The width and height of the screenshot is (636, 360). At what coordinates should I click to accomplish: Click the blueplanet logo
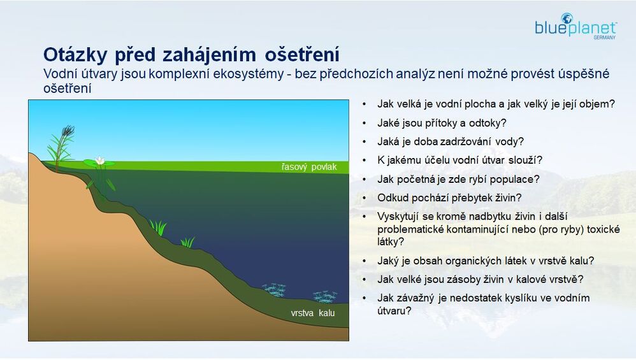point(575,26)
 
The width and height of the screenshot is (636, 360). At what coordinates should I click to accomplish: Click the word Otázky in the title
point(75,55)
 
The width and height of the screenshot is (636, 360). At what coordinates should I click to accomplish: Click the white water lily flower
point(99,161)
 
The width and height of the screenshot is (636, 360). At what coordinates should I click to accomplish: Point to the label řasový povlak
point(309,167)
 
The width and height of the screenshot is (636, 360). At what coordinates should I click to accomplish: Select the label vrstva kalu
point(313,313)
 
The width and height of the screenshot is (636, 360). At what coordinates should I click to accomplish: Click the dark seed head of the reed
point(68,130)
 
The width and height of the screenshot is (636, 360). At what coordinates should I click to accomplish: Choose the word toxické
point(603,229)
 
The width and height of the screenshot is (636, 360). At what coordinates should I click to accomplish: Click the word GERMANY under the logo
point(604,38)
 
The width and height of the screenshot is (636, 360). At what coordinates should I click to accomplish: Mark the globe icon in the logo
point(567,18)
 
